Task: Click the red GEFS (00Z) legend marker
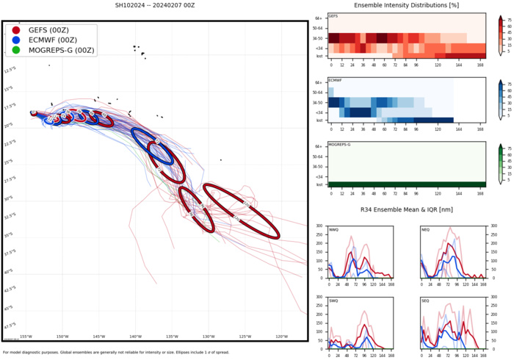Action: tap(16, 29)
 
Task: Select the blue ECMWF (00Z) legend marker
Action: tap(16, 40)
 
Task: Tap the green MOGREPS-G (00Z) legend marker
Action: tap(16, 50)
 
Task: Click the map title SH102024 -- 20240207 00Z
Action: tap(153, 5)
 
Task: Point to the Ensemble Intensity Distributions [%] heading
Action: tap(406, 5)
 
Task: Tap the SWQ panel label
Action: tap(334, 301)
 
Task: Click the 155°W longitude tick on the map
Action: tap(26, 337)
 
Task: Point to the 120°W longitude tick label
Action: tap(281, 337)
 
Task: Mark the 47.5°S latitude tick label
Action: tap(10, 325)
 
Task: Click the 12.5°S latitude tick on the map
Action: tap(10, 71)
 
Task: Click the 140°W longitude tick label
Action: tap(135, 337)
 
